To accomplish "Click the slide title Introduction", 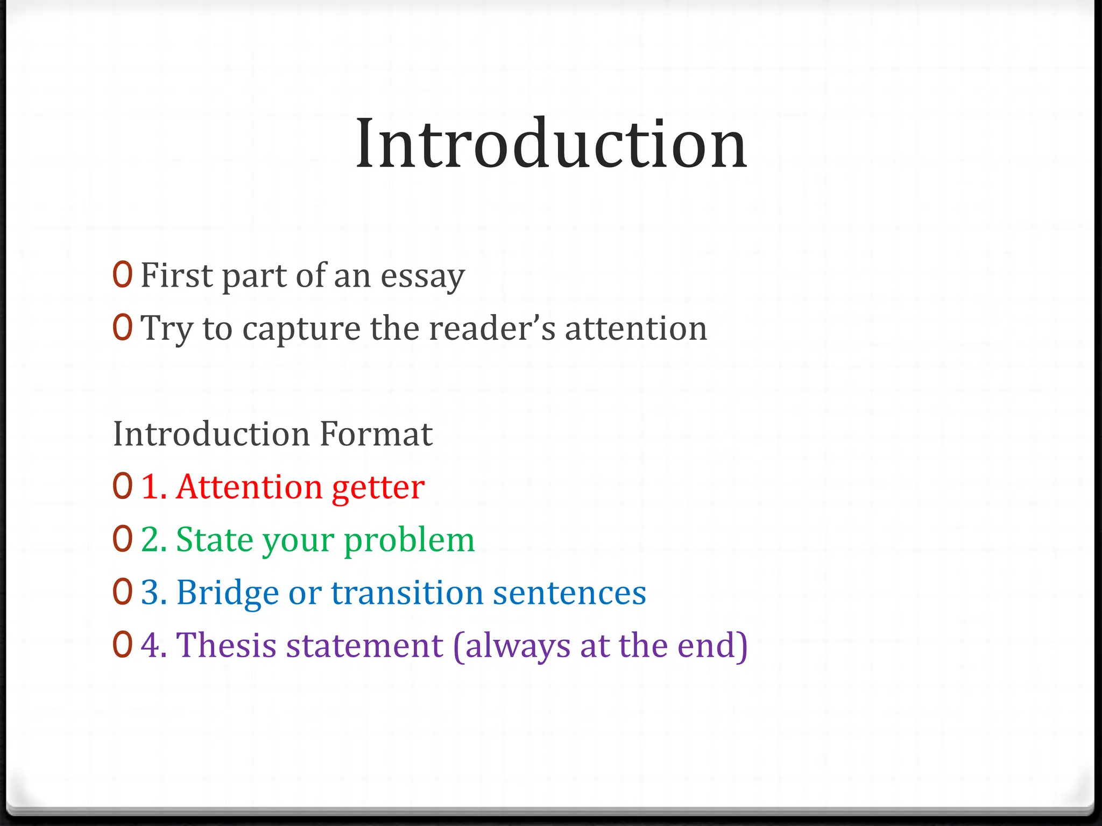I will pyautogui.click(x=551, y=144).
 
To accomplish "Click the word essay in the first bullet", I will pyautogui.click(x=422, y=276).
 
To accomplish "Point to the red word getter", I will pyautogui.click(x=378, y=487).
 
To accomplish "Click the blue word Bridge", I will pyautogui.click(x=227, y=593).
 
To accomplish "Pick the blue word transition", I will pyautogui.click(x=407, y=593).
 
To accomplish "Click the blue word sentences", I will pyautogui.click(x=569, y=593).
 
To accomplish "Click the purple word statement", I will pyautogui.click(x=364, y=645).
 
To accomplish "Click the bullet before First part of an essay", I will pyautogui.click(x=122, y=275).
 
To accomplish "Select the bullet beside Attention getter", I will pyautogui.click(x=122, y=487).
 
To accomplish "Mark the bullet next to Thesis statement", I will pyautogui.click(x=122, y=645).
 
